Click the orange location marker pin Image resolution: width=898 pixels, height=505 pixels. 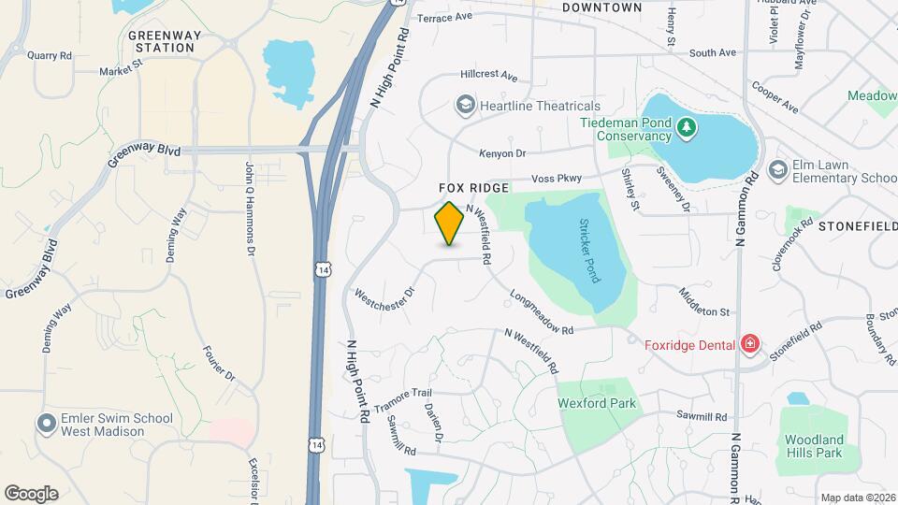pos(450,223)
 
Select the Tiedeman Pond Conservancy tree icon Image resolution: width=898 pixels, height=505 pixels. pos(688,126)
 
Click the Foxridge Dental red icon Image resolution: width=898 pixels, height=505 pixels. pos(749,344)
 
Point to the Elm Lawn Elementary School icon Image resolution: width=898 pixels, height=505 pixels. pos(777,170)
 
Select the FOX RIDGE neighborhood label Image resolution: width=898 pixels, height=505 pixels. pos(474,188)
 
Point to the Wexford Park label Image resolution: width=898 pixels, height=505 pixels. pos(597,403)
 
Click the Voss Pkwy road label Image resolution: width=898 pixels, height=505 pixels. pos(557,178)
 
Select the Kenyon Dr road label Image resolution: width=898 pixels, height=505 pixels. pos(502,152)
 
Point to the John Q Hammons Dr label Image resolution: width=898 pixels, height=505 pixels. pos(250,208)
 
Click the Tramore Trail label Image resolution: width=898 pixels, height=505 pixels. pos(403,402)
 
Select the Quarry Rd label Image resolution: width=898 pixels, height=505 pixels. pos(50,55)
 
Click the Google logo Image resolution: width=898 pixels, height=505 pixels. pos(31,493)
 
